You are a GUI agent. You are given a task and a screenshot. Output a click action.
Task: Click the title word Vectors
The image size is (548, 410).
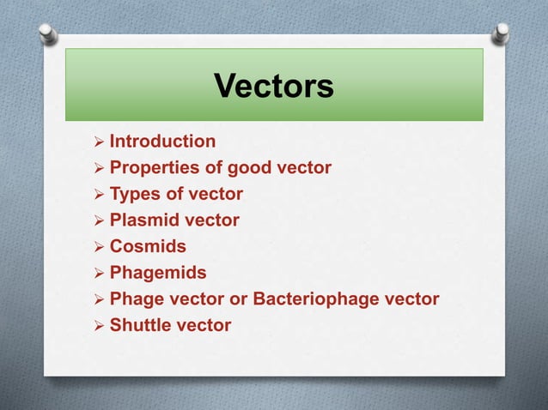click(273, 86)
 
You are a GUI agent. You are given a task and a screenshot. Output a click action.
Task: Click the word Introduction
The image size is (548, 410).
click(162, 142)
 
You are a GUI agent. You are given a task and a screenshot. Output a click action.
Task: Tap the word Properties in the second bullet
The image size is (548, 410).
click(153, 168)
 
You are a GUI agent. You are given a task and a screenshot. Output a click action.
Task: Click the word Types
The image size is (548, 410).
click(135, 194)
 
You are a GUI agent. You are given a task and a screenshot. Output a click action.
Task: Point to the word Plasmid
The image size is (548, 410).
click(143, 220)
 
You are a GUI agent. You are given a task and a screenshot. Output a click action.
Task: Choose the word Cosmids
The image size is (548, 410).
click(148, 246)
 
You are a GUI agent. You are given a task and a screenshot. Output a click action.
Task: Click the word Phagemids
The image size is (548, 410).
click(158, 273)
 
